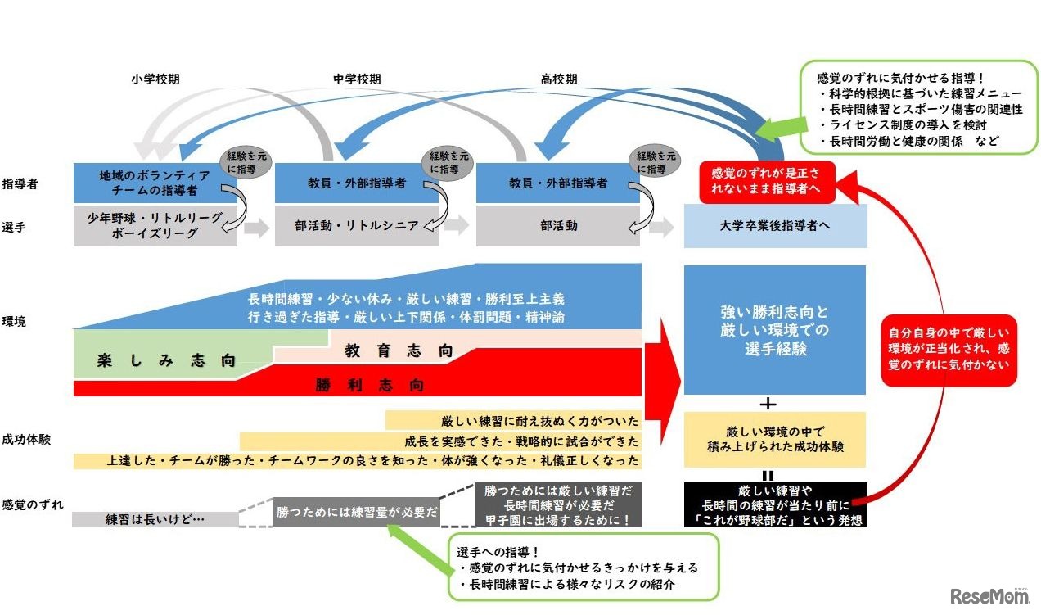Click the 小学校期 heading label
click(155, 79)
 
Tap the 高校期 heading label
click(558, 79)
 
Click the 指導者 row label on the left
click(20, 183)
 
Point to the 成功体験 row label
click(26, 439)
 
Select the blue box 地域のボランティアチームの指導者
click(155, 183)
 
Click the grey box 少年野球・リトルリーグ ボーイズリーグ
click(155, 226)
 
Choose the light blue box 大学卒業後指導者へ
click(775, 226)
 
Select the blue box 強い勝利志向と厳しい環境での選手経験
click(774, 330)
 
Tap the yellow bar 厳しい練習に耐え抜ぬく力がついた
click(513, 421)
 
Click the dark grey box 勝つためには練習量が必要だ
click(358, 512)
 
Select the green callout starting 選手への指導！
click(584, 567)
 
